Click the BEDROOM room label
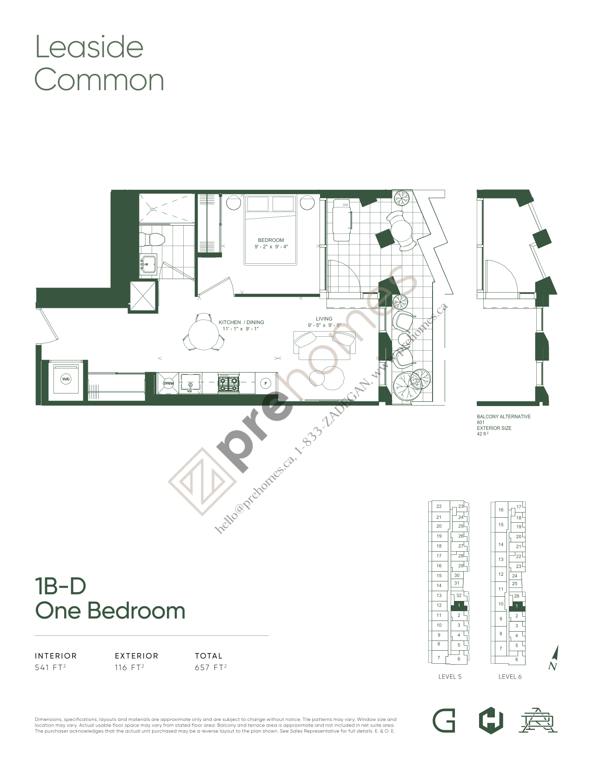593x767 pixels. [x=271, y=240]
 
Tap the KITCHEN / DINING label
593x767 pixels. [x=241, y=322]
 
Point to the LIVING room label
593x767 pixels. [x=324, y=319]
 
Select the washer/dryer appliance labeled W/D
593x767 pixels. [x=66, y=379]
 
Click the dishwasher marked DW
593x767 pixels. [x=168, y=383]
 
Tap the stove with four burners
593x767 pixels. [x=228, y=383]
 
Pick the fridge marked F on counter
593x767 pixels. [x=266, y=383]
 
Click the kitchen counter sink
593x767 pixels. [x=190, y=382]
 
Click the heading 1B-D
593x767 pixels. [x=61, y=587]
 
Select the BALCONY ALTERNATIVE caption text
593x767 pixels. [x=503, y=417]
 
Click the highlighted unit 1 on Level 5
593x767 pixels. [x=459, y=606]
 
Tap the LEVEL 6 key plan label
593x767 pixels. [x=510, y=677]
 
